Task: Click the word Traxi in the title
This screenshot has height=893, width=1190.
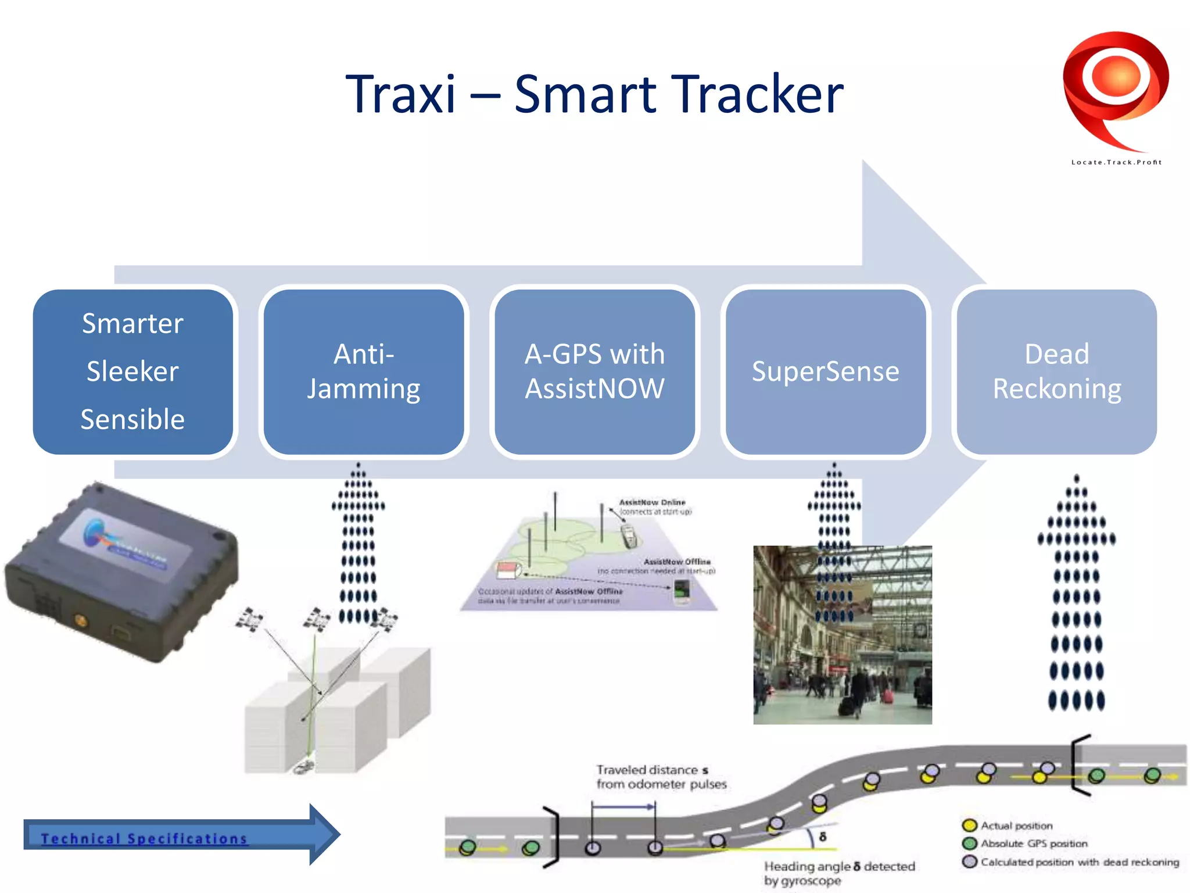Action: (400, 94)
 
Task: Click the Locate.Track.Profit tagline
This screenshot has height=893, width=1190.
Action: (1116, 162)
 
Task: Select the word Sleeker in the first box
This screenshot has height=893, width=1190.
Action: (132, 372)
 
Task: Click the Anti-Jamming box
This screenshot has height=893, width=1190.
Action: (364, 372)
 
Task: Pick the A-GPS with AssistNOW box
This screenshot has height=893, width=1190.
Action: (594, 372)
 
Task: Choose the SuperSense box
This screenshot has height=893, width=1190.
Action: (825, 372)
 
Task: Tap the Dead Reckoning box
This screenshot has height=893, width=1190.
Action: (1056, 372)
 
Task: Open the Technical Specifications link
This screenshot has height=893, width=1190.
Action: (144, 838)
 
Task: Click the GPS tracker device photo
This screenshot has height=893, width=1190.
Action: (122, 573)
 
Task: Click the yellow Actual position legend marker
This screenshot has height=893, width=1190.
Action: (969, 826)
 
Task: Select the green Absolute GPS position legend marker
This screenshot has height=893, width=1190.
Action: (969, 844)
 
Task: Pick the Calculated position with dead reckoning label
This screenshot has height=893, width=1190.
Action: (1080, 862)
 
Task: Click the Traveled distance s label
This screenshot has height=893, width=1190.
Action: (653, 770)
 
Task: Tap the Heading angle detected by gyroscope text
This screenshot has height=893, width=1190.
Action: (838, 873)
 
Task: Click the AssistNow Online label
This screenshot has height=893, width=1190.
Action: (652, 502)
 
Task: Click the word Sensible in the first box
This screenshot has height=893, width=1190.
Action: (132, 419)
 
